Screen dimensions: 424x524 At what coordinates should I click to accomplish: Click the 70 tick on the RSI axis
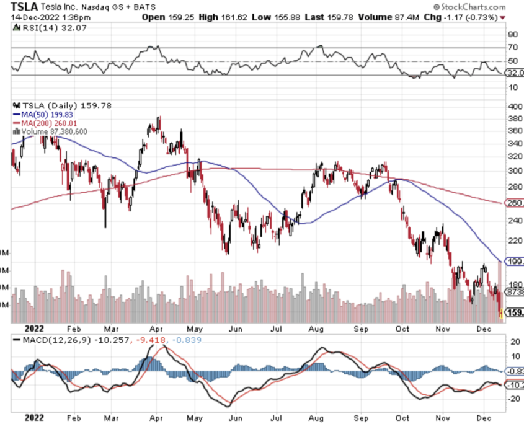[x=513, y=47]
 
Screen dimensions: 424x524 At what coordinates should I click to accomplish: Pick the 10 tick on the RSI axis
[x=513, y=87]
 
